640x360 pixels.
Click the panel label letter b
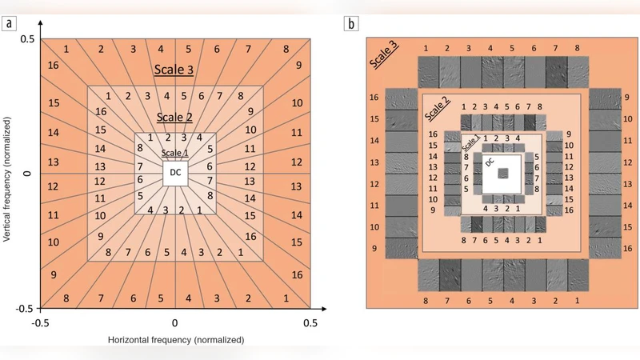pyautogui.click(x=351, y=22)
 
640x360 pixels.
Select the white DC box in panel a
pyautogui.click(x=175, y=173)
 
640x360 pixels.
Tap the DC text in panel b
pyautogui.click(x=490, y=162)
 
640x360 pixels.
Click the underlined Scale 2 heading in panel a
pyautogui.click(x=175, y=117)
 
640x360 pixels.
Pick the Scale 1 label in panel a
pyautogui.click(x=175, y=153)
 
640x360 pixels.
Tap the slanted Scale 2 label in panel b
pyautogui.click(x=436, y=113)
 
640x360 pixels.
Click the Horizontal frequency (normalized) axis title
pyautogui.click(x=175, y=340)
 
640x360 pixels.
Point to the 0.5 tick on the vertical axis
pyautogui.click(x=28, y=40)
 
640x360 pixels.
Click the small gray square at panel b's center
pyautogui.click(x=502, y=174)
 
